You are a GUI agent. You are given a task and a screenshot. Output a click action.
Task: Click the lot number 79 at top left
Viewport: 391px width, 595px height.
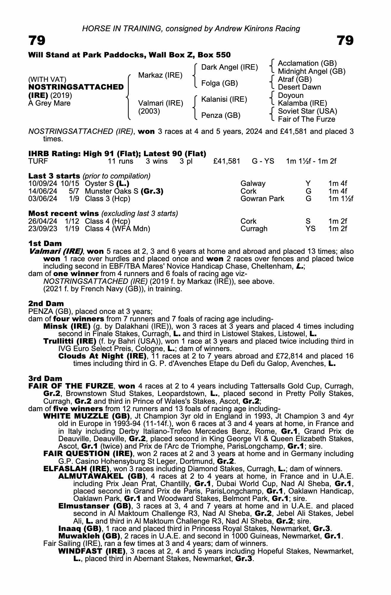pyautogui.click(x=37, y=40)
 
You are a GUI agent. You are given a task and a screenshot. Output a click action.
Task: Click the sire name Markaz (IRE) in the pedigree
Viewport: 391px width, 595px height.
pyautogui.click(x=160, y=75)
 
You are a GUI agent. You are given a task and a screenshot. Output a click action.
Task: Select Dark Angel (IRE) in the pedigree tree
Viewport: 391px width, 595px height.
pyautogui.click(x=229, y=67)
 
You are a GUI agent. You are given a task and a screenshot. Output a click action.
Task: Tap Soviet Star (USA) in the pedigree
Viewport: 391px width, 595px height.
pyautogui.click(x=307, y=111)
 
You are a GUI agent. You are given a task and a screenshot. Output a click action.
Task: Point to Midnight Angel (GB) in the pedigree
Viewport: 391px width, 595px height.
pyautogui.click(x=311, y=71)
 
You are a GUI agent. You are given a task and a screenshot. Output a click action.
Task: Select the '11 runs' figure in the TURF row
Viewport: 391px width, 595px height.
pyautogui.click(x=120, y=161)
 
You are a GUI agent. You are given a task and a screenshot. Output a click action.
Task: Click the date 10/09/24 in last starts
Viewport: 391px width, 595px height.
pyautogui.click(x=43, y=184)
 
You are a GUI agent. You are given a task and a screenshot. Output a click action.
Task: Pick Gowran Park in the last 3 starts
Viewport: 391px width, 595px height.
pyautogui.click(x=262, y=198)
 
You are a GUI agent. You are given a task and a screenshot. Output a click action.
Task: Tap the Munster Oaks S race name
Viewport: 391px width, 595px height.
pyautogui.click(x=112, y=191)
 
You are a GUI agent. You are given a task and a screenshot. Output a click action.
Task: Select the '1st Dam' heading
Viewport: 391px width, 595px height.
pyautogui.click(x=45, y=244)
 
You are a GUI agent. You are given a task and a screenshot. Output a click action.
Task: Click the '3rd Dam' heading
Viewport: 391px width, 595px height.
pyautogui.click(x=45, y=378)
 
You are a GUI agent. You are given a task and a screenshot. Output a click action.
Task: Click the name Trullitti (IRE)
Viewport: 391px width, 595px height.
pyautogui.click(x=70, y=341)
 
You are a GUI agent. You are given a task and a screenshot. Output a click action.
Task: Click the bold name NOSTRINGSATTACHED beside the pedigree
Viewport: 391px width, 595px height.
pyautogui.click(x=76, y=87)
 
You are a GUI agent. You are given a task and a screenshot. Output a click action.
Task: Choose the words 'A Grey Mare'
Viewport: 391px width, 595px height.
pyautogui.click(x=49, y=103)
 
